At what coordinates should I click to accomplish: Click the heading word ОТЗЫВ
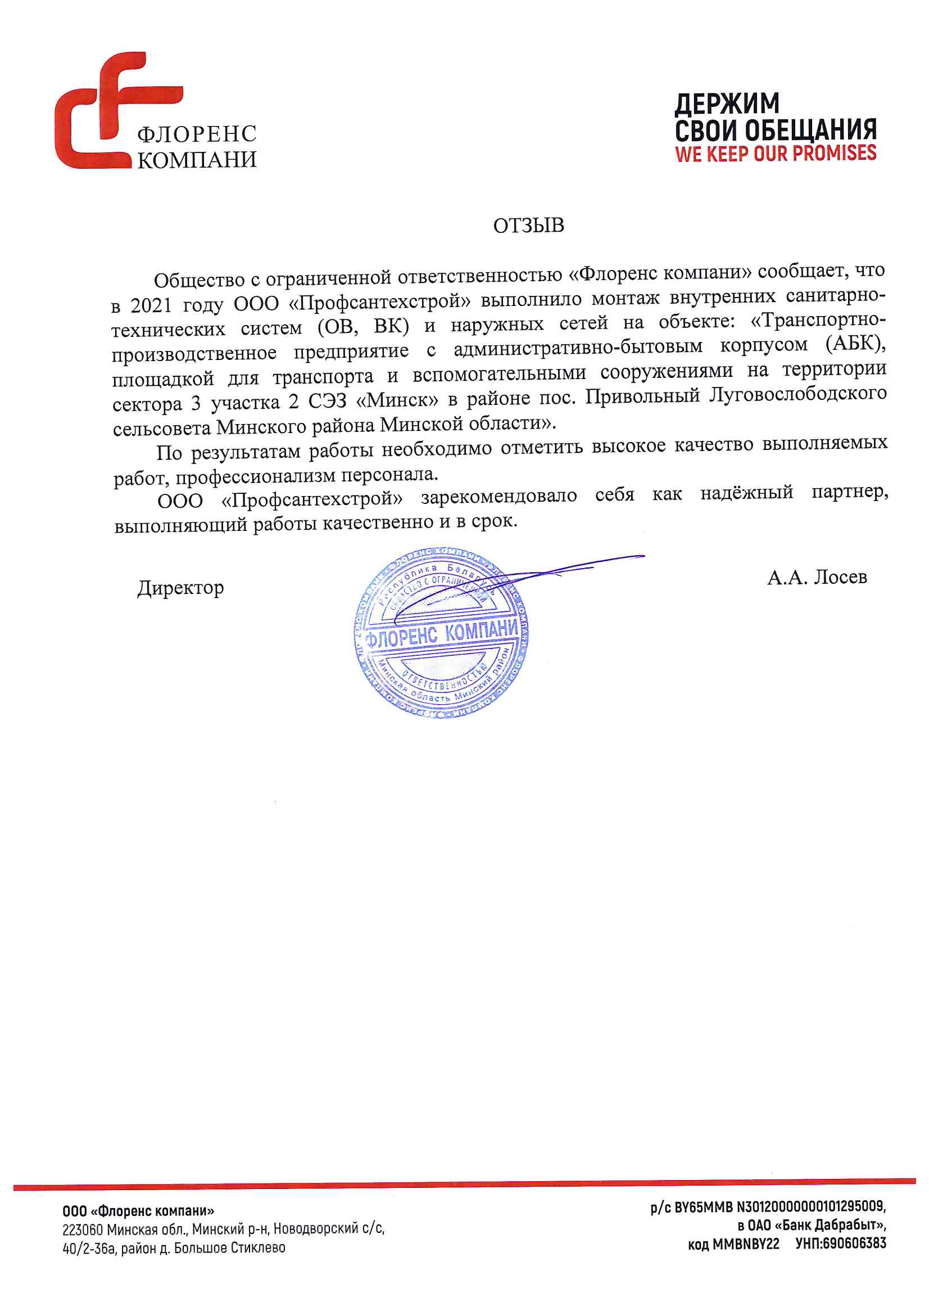point(528,226)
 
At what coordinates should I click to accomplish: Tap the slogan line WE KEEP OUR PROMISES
point(775,154)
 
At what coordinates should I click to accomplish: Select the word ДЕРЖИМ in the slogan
point(726,104)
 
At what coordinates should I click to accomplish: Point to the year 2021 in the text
point(151,305)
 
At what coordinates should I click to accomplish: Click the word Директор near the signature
point(180,588)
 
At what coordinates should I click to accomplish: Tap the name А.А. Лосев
point(817,577)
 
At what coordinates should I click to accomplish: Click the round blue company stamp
point(441,633)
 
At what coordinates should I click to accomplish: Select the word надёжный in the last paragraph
point(746,492)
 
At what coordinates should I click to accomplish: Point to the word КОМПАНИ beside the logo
point(197,160)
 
